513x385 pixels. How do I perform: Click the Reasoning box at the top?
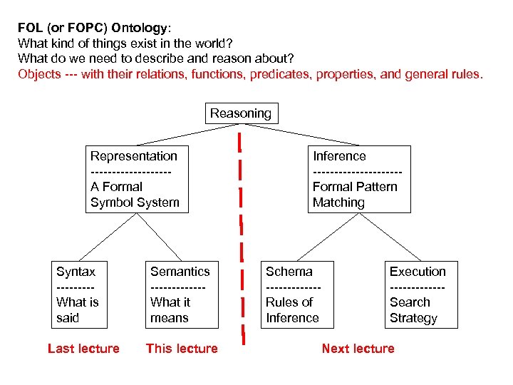click(241, 113)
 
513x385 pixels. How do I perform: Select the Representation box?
click(135, 179)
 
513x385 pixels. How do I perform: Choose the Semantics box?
click(180, 294)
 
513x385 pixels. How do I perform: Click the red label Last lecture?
click(83, 349)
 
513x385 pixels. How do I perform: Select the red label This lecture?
click(182, 349)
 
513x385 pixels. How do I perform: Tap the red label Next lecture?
click(358, 349)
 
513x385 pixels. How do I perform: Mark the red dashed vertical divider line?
click(242, 235)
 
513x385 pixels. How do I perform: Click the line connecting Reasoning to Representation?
click(182, 135)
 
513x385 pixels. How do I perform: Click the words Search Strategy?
click(413, 310)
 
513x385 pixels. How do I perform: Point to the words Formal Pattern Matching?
click(355, 195)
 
